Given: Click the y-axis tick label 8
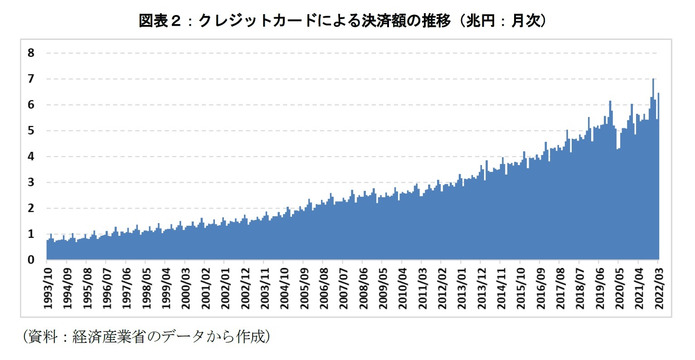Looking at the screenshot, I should (x=31, y=53).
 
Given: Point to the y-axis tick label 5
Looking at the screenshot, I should (x=31, y=131).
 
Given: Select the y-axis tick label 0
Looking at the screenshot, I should (x=31, y=260).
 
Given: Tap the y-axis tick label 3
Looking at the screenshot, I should (x=31, y=182).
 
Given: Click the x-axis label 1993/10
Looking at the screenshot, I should (x=47, y=288).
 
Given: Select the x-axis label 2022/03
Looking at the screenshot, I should (x=659, y=288).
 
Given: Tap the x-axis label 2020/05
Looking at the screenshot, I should (x=619, y=288).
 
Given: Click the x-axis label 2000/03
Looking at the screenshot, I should (x=185, y=288).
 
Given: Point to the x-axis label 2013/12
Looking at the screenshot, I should (x=481, y=288).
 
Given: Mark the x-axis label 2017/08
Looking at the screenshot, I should (x=560, y=288).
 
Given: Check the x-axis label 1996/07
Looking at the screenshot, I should (x=106, y=288).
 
